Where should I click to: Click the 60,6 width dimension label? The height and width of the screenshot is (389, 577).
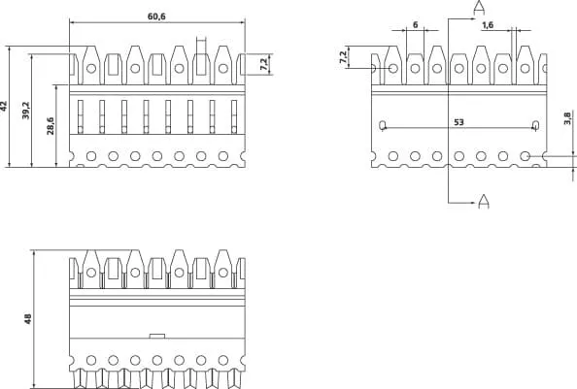point(156,16)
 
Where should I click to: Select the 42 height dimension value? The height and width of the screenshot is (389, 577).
point(4,106)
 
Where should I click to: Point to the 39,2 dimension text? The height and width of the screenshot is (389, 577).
point(26,111)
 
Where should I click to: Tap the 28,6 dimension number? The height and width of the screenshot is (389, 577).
point(51,126)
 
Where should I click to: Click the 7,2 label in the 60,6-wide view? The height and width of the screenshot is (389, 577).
point(264,64)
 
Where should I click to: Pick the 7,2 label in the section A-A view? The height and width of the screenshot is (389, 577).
point(343,57)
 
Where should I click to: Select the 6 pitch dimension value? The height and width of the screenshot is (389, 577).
point(416,25)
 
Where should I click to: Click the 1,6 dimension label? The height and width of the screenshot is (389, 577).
point(488,25)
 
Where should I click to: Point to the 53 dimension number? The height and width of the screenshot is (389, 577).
point(458,122)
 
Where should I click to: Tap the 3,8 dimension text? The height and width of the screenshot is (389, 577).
point(567,118)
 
